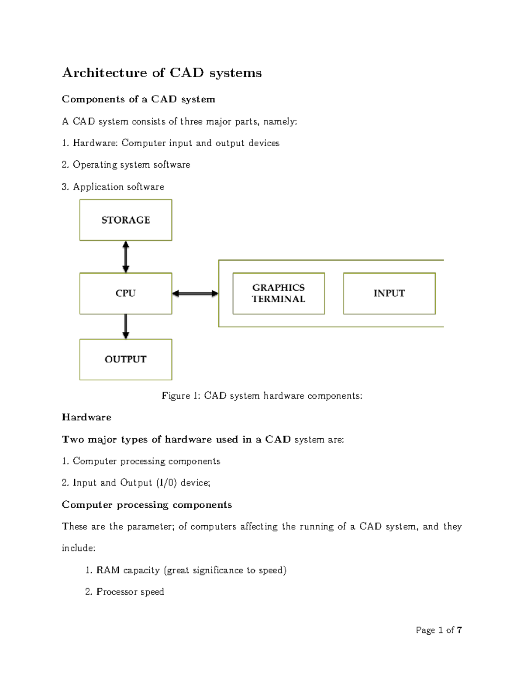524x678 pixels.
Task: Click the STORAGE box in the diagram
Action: pos(126,220)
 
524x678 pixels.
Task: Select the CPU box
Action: pos(126,293)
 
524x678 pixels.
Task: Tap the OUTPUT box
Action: pos(126,359)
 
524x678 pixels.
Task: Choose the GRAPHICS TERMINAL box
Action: pos(279,293)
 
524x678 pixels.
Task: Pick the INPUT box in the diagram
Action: pos(389,293)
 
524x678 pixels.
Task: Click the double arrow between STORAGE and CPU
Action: pos(126,257)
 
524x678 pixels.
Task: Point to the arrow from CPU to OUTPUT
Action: pos(126,327)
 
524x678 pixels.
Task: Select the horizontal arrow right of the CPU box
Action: pos(195,294)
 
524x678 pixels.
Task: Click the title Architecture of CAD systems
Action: pos(162,72)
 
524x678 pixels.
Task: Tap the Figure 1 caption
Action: pos(262,396)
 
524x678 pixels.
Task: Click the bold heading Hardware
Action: pos(86,417)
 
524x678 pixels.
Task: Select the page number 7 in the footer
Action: pos(459,630)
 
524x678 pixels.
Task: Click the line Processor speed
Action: pos(130,592)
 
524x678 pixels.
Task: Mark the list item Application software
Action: pos(118,187)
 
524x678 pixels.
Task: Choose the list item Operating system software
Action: pos(131,165)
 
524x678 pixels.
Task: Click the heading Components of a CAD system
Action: pos(138,100)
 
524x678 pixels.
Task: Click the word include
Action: pos(78,548)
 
